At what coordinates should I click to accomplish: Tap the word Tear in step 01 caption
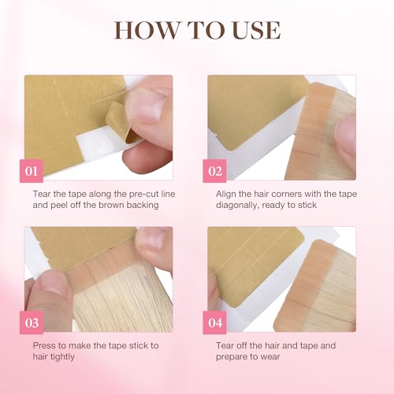pyautogui.click(x=43, y=192)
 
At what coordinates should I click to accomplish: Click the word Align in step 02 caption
pyautogui.click(x=228, y=192)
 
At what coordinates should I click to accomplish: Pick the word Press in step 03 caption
pyautogui.click(x=45, y=344)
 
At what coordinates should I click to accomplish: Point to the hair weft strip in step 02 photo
pyautogui.click(x=319, y=126)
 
